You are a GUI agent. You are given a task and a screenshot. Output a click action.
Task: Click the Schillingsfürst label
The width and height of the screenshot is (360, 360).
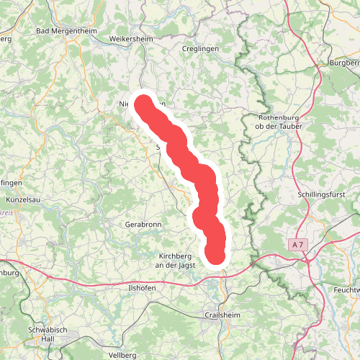click(323, 194)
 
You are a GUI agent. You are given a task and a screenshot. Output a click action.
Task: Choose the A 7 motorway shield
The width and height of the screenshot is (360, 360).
click(298, 245)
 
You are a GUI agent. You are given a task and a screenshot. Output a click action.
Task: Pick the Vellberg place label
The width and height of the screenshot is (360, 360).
click(122, 356)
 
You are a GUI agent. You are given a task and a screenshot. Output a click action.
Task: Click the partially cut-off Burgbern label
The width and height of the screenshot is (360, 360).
click(343, 63)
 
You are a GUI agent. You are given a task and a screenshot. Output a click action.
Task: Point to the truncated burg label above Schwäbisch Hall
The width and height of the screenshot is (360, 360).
click(9, 273)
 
